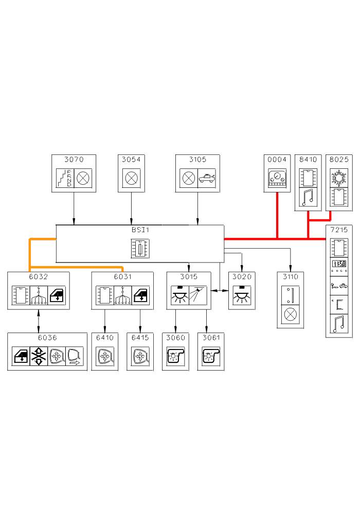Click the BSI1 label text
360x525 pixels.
click(140, 230)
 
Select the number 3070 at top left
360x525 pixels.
click(74, 160)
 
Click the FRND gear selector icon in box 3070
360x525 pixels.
click(65, 179)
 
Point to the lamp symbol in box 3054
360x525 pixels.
click(131, 179)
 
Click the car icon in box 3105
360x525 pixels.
click(207, 179)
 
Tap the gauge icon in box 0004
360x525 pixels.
click(277, 179)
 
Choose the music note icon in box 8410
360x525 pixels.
click(308, 198)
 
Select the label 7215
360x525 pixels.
click(339, 230)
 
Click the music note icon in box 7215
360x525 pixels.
click(339, 324)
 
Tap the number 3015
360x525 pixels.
click(189, 277)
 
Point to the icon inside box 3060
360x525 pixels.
click(175, 356)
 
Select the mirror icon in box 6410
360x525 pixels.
click(104, 356)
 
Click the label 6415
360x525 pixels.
click(140, 338)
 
